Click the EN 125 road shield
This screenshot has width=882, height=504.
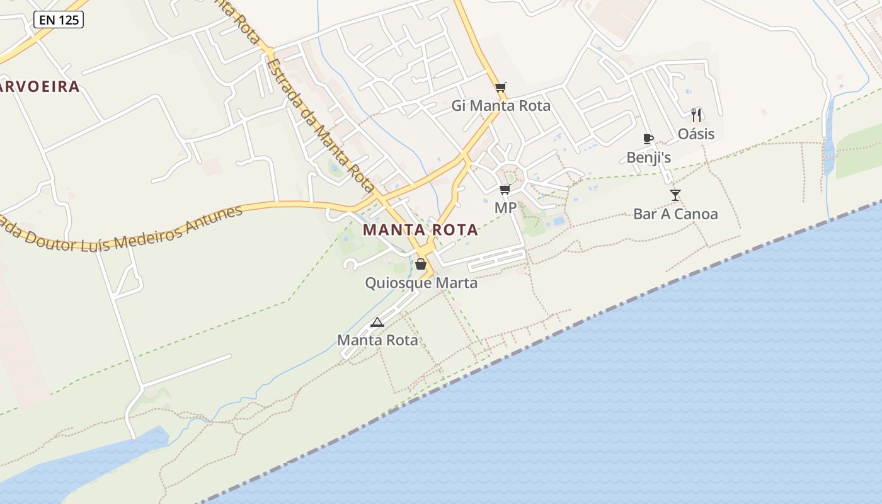coord(59,20)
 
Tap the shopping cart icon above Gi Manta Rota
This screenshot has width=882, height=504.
coord(501,88)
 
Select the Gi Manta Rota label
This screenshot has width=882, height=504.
coord(501,106)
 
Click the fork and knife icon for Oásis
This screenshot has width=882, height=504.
coord(696,115)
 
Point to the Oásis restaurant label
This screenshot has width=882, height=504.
coord(696,134)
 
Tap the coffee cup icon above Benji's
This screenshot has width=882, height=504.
coord(648,139)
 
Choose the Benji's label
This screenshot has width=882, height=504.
coord(648,157)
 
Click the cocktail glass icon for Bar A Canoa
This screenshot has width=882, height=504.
coord(675,195)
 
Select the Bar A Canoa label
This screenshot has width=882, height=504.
coord(675,214)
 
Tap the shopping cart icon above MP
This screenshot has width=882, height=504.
coord(505,190)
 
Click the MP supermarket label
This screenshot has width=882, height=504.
coord(505,208)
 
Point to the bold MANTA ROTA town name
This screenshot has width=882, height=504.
coord(420,230)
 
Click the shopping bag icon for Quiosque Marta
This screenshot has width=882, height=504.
coord(421,265)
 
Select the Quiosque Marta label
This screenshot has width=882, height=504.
coord(421,283)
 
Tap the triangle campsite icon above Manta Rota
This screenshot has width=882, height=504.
coord(377,323)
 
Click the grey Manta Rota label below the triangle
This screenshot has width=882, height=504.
coord(377,340)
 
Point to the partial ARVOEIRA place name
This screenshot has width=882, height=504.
coord(40,87)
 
